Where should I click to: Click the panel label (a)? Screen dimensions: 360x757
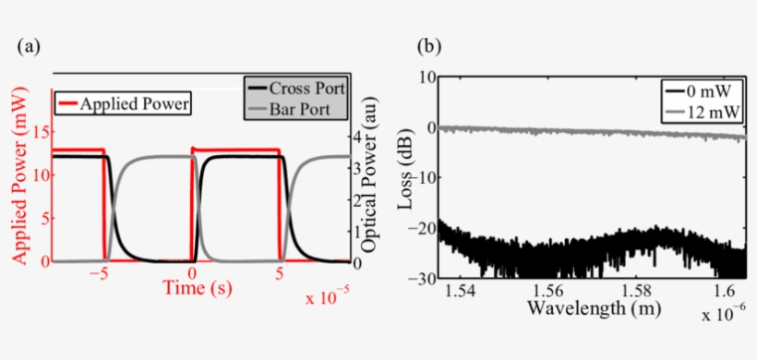pos(28,45)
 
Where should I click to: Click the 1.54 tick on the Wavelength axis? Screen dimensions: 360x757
pos(459,292)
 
